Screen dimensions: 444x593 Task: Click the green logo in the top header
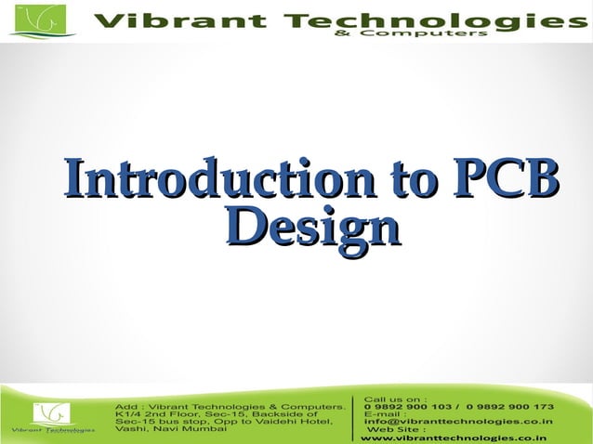[x=43, y=20]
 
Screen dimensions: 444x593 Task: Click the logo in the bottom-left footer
[x=52, y=417]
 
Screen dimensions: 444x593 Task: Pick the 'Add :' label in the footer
[x=127, y=408]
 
